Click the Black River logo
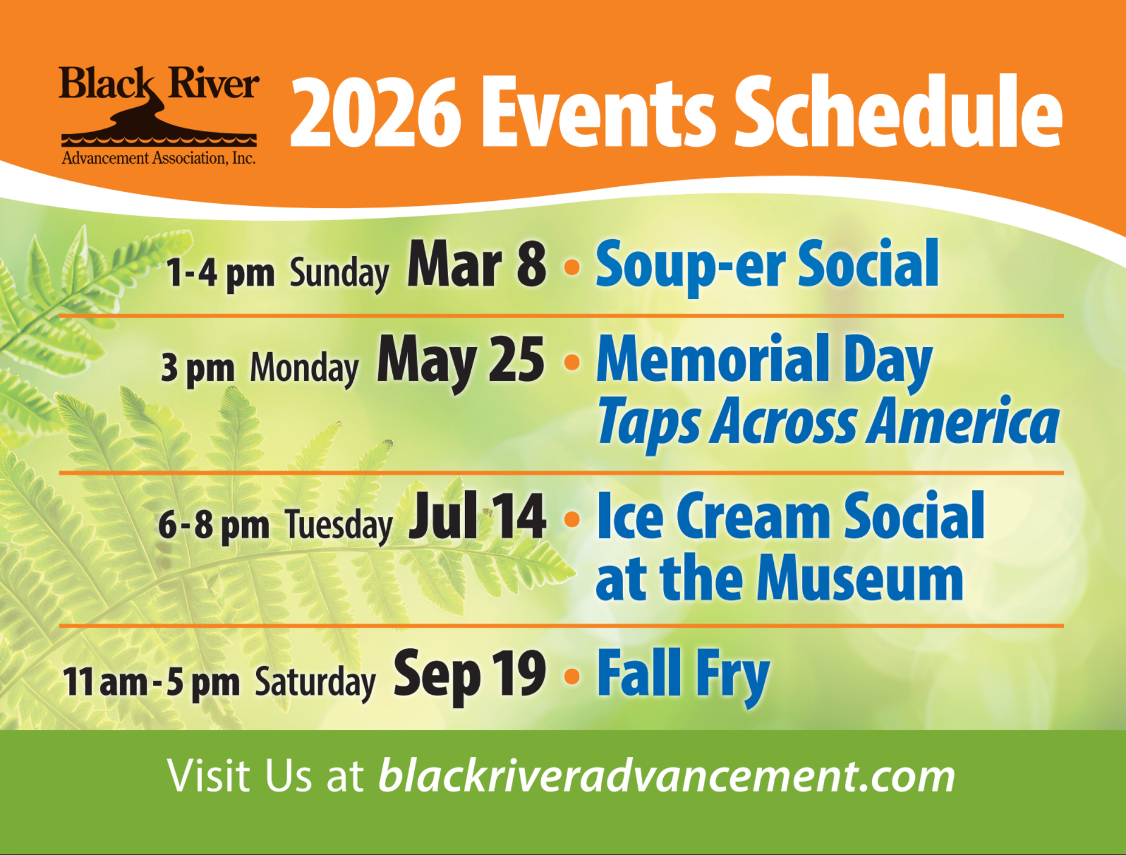[x=159, y=115]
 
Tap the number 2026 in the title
[x=375, y=113]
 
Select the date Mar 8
[x=476, y=264]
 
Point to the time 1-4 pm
[x=220, y=274]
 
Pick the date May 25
[x=461, y=362]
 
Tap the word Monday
[x=304, y=369]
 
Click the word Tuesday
[x=339, y=526]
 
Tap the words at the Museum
[x=779, y=579]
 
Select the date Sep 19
[x=470, y=674]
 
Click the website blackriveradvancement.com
[x=667, y=777]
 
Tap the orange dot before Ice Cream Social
[x=572, y=519]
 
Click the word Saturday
[x=315, y=683]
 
